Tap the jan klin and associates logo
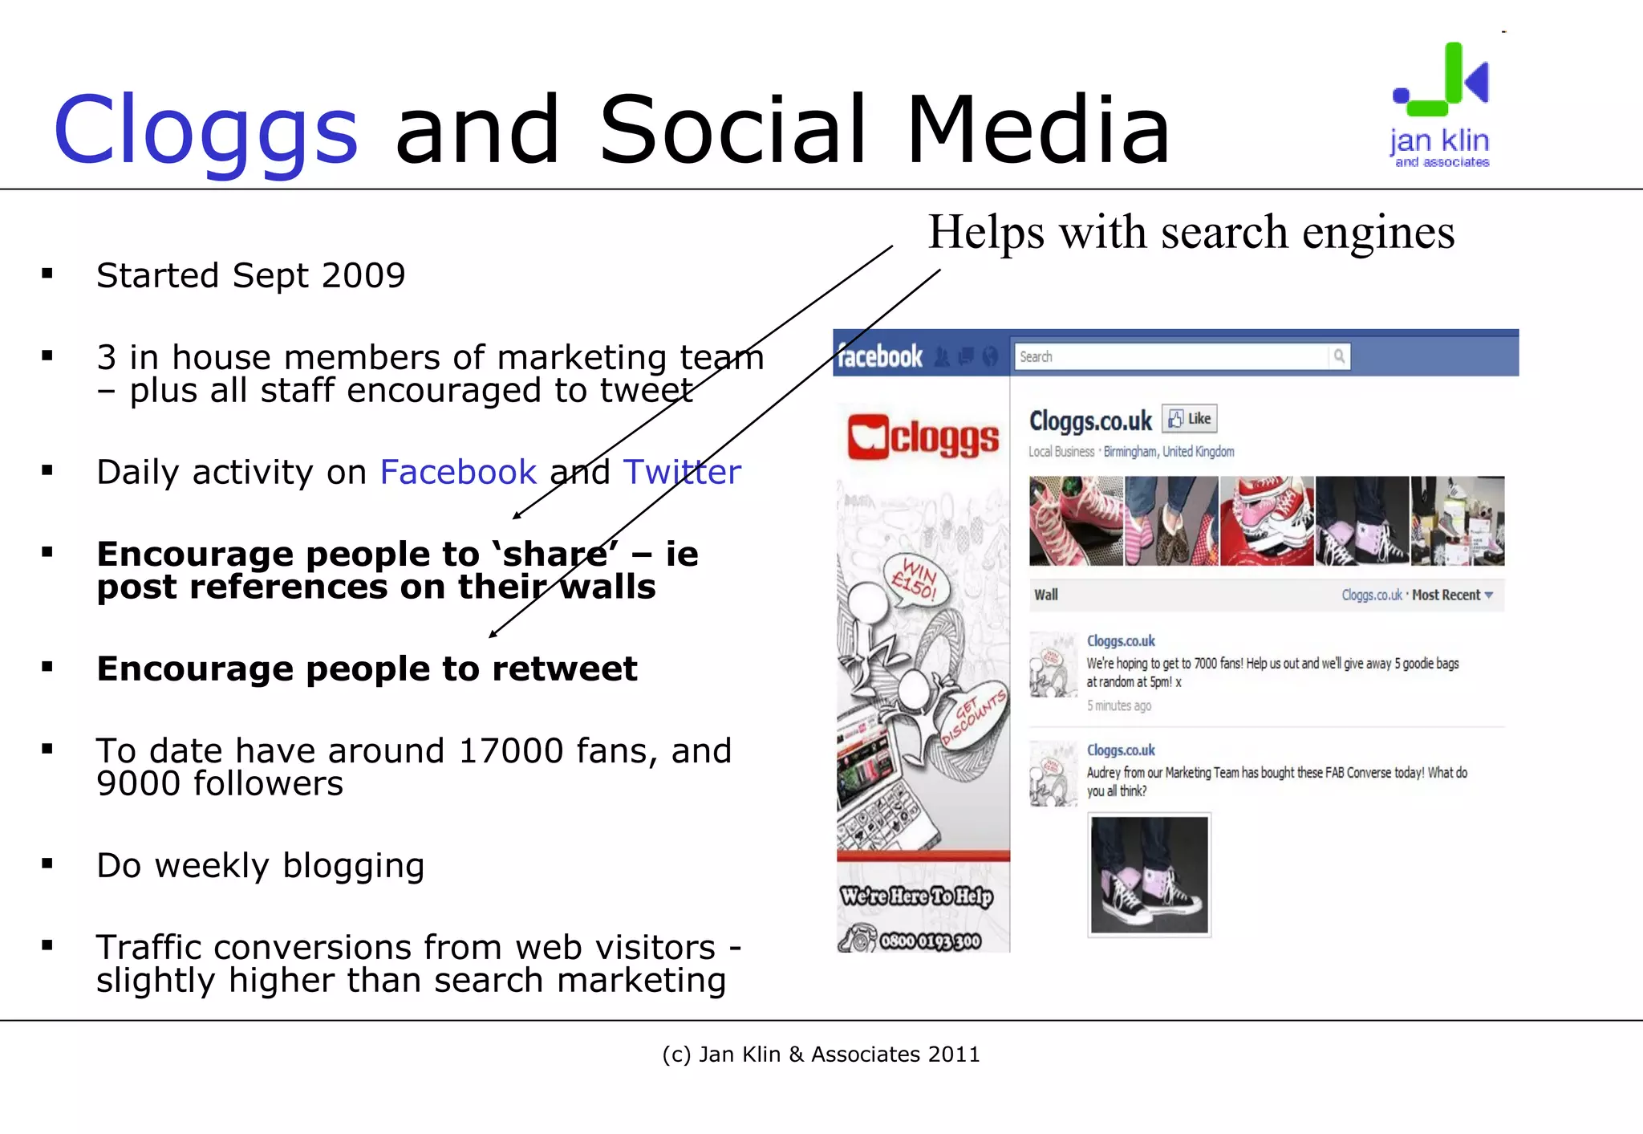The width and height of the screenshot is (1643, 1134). [1441, 105]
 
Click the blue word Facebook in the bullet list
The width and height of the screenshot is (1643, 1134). [458, 472]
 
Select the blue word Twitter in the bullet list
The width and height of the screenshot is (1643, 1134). [682, 472]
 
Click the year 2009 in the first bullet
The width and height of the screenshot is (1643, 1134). [363, 275]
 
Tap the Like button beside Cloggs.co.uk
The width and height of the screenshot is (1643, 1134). [1190, 419]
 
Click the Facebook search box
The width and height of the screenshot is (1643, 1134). [1171, 356]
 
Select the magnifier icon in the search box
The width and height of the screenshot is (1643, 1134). [1339, 356]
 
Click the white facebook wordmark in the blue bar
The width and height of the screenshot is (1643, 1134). [880, 356]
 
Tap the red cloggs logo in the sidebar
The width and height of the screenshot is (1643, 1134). [923, 437]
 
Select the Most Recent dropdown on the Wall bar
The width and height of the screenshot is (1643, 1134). [1452, 595]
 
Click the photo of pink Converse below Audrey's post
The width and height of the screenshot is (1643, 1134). [1149, 875]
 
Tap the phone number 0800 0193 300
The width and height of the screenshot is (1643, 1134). [931, 941]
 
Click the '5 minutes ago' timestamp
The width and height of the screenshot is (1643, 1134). [1119, 706]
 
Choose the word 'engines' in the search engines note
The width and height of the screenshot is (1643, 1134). [1378, 233]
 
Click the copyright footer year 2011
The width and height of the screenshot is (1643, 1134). [954, 1055]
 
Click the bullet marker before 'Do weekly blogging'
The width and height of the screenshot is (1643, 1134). [47, 864]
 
